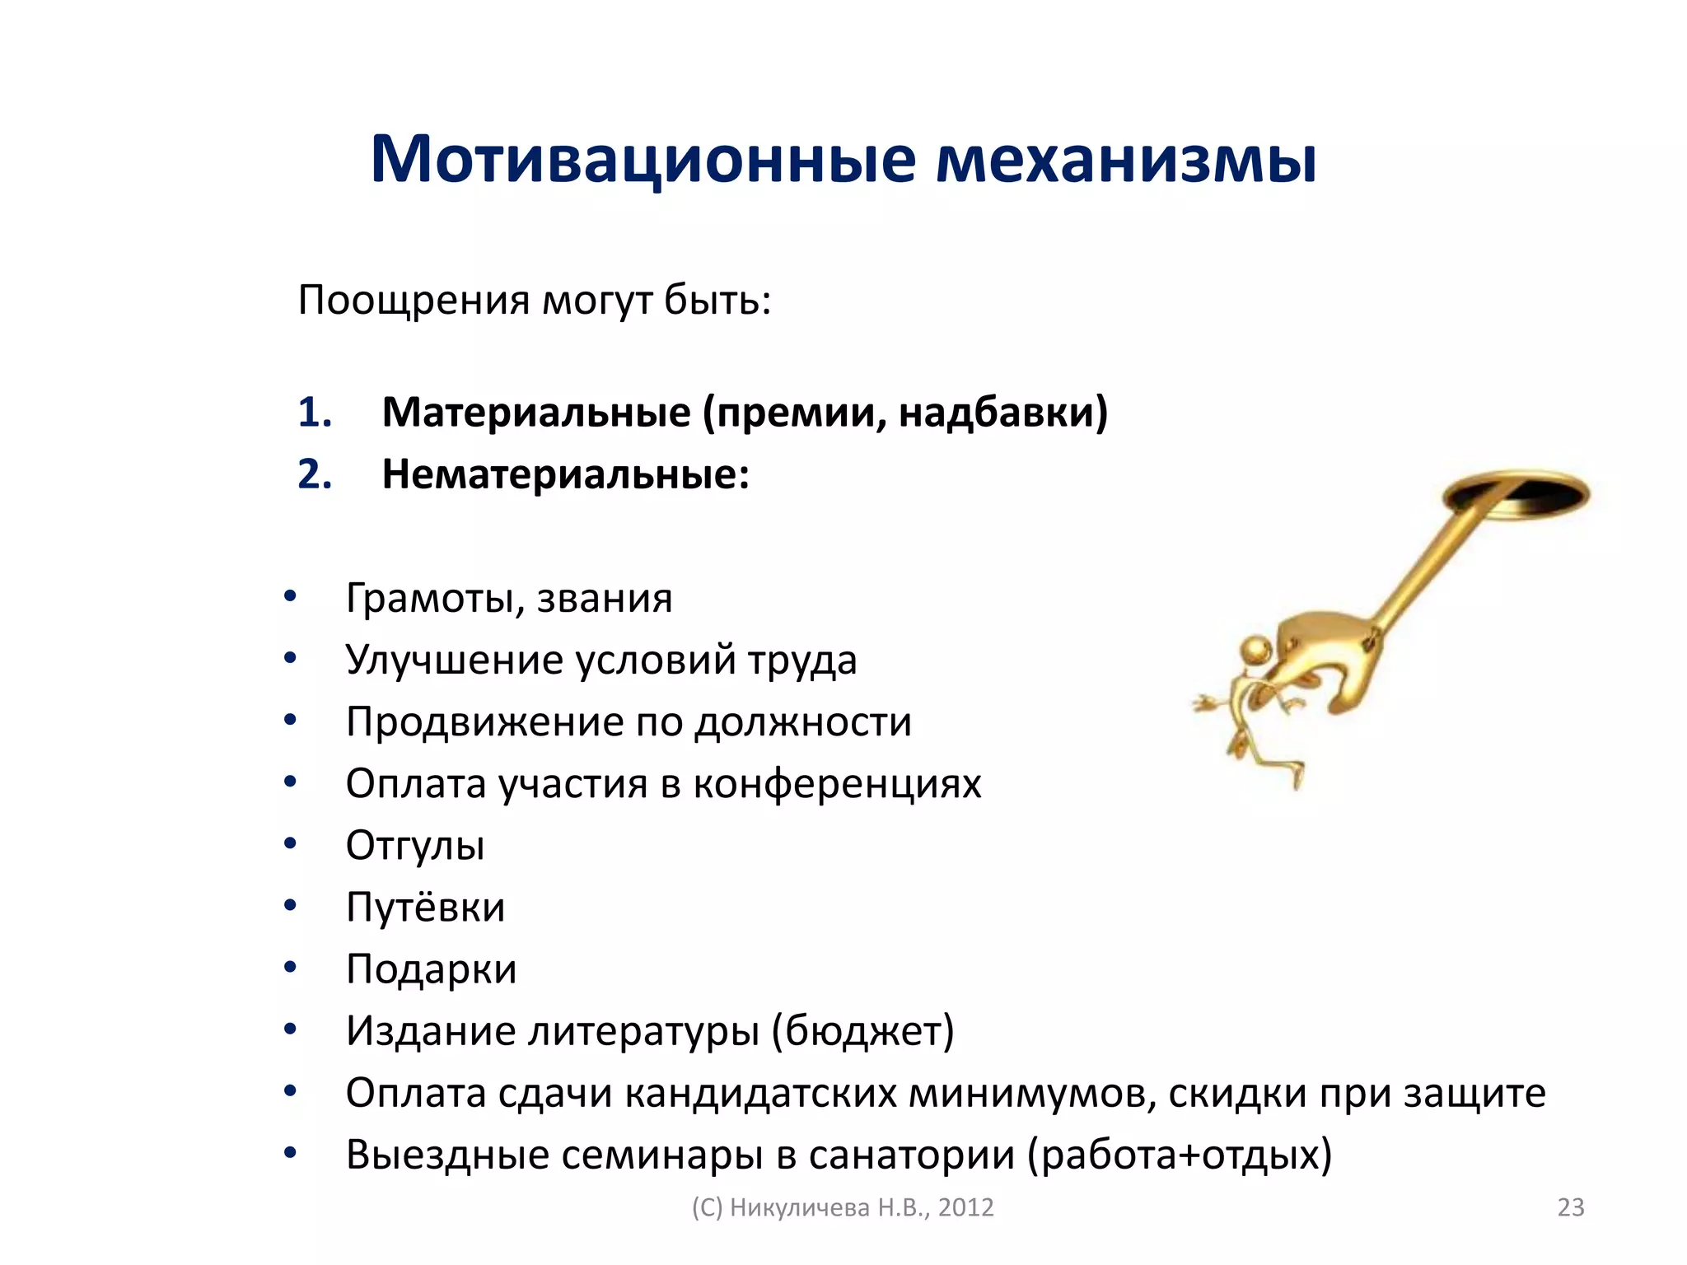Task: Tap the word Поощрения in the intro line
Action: (x=414, y=301)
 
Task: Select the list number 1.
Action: (x=314, y=412)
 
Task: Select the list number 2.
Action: (x=314, y=474)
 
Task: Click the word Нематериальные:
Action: (x=565, y=474)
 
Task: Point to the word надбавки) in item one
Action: (x=1002, y=412)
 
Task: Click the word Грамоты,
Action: (x=435, y=599)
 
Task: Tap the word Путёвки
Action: (x=425, y=908)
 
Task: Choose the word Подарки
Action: (x=431, y=969)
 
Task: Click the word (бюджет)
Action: (x=862, y=1031)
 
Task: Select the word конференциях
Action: (x=837, y=784)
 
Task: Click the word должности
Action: (x=803, y=722)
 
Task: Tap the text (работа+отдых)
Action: (x=1179, y=1155)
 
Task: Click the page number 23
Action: (x=1570, y=1207)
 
